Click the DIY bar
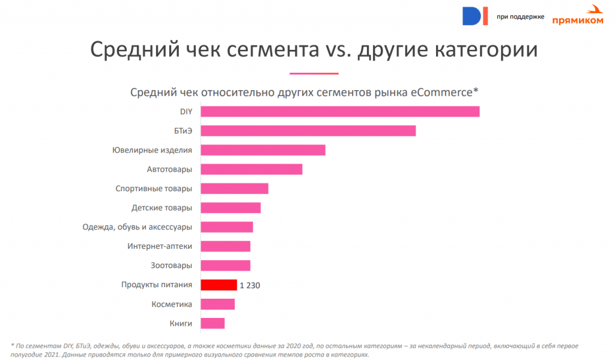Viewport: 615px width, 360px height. click(339, 111)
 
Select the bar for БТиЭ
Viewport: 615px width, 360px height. click(307, 130)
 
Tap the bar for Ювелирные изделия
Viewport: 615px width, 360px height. click(262, 150)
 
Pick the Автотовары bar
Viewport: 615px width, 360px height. click(251, 169)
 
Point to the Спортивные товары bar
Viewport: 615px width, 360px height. click(234, 188)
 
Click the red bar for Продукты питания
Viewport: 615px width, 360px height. click(219, 285)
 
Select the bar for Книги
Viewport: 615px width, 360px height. click(212, 323)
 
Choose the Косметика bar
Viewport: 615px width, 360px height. click(217, 304)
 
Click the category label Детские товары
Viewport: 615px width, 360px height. click(162, 208)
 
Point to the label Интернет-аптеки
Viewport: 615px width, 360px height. click(159, 246)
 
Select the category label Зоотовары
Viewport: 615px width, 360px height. click(171, 266)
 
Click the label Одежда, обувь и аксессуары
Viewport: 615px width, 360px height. click(137, 227)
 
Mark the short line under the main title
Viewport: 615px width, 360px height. click(314, 73)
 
